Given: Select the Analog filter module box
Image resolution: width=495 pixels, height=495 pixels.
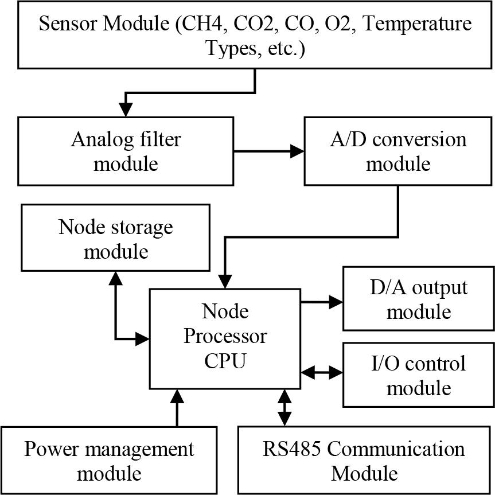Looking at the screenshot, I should [x=125, y=151].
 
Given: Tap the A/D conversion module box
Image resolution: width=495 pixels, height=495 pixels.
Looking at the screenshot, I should [x=398, y=151].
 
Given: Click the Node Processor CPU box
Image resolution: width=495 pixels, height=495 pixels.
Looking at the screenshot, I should [x=225, y=338].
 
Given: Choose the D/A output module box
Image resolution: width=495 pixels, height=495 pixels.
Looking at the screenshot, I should [x=418, y=299].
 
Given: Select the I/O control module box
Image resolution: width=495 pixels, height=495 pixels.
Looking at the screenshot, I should [x=418, y=375].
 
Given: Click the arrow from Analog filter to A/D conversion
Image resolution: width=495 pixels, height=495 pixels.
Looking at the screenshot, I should [x=268, y=151].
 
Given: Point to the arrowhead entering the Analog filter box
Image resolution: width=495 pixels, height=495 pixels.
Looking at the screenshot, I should [x=125, y=110].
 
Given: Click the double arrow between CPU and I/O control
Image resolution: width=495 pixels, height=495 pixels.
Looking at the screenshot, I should [x=322, y=373].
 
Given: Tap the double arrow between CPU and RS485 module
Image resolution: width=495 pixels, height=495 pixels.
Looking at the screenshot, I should [x=284, y=408].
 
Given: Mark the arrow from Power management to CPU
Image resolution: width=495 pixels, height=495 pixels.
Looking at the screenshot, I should [x=177, y=408].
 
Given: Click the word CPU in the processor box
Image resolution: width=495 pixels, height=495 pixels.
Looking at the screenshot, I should [x=225, y=361].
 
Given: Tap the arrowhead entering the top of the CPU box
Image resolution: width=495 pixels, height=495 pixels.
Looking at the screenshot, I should [x=225, y=282].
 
